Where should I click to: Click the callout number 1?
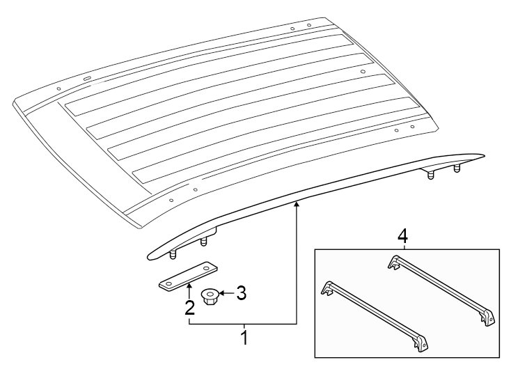[244, 338]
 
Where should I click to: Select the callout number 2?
[189, 307]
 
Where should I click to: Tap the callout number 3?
[241, 293]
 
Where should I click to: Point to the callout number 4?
[402, 237]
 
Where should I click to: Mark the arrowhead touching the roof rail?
[297, 203]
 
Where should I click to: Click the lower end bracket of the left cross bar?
[419, 344]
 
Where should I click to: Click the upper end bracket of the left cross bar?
[327, 288]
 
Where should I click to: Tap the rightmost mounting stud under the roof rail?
[457, 169]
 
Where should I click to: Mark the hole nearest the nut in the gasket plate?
[206, 268]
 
